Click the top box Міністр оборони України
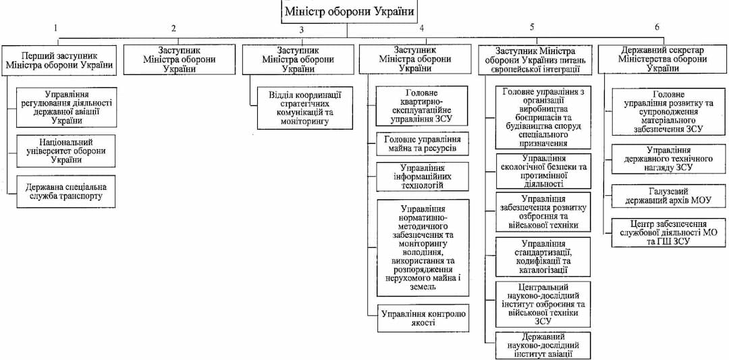(x=348, y=12)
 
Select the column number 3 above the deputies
(x=302, y=29)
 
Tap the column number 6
(x=657, y=27)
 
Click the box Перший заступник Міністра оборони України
(x=57, y=59)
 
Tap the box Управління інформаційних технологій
(x=422, y=176)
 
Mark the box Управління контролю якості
(x=422, y=318)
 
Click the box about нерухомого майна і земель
(x=422, y=247)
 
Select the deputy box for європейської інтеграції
(x=535, y=59)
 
